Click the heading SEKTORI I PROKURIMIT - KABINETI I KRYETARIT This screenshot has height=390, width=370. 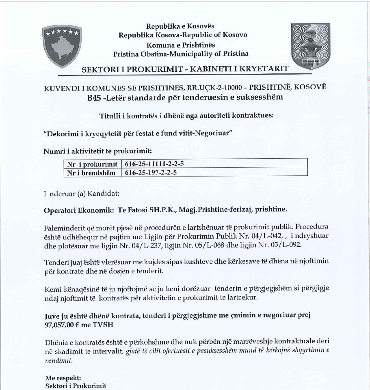185,69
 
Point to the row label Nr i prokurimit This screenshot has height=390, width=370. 92,164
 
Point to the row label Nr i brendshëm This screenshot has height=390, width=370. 92,172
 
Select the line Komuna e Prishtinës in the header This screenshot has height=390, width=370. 181,44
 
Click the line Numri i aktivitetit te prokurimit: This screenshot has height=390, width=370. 97,151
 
